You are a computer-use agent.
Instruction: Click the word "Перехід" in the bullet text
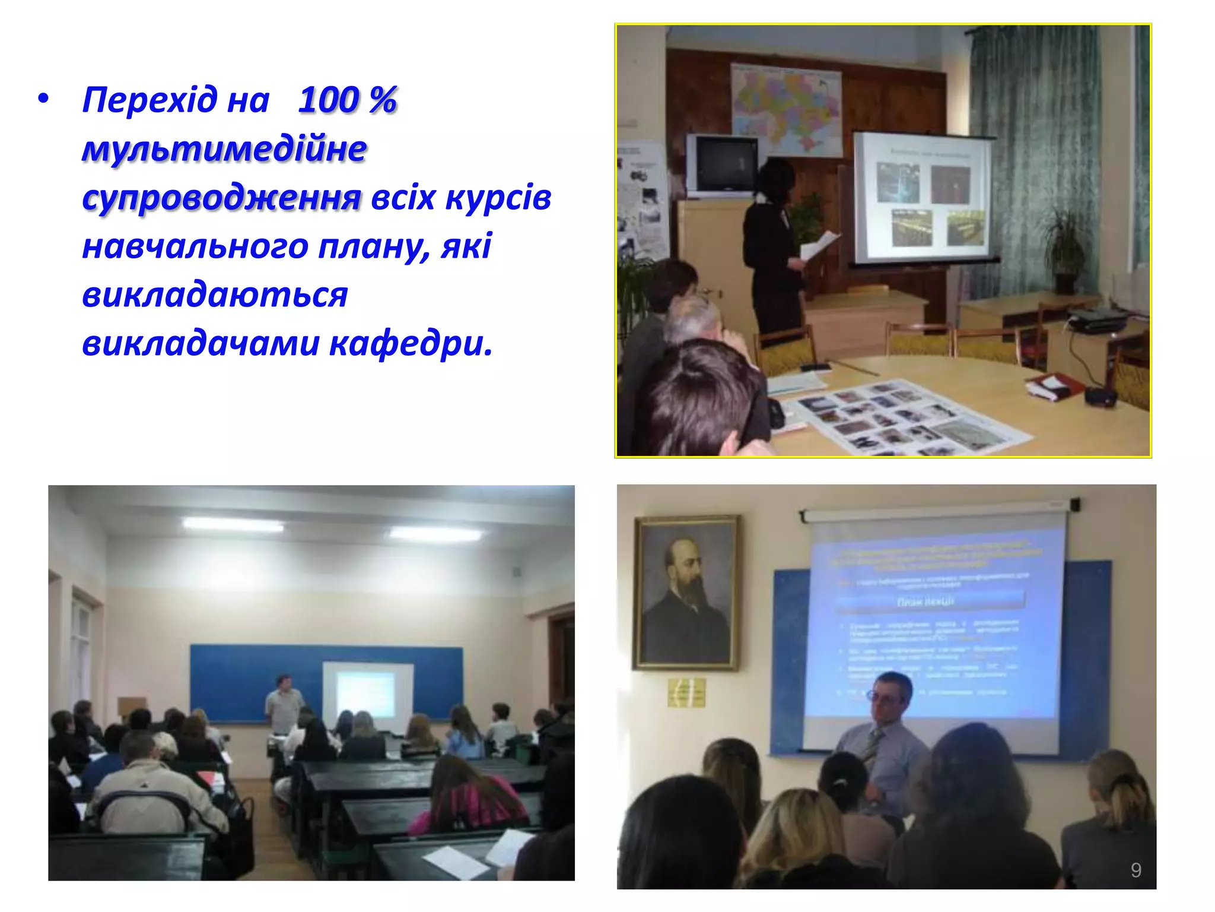pyautogui.click(x=150, y=100)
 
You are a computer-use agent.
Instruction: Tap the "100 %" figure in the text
pyautogui.click(x=347, y=100)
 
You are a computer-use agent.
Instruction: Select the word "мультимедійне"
pyautogui.click(x=224, y=148)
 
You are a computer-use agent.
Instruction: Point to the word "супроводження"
pyautogui.click(x=221, y=198)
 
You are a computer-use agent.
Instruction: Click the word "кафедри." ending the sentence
pyautogui.click(x=411, y=343)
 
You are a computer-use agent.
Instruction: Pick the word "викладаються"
pyautogui.click(x=215, y=295)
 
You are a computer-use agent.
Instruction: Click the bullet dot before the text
pyautogui.click(x=43, y=99)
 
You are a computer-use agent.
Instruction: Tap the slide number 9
pyautogui.click(x=1136, y=870)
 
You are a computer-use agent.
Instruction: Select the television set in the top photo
pyautogui.click(x=722, y=164)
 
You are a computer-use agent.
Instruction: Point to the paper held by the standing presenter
pyautogui.click(x=820, y=245)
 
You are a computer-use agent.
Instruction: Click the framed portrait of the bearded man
pyautogui.click(x=686, y=592)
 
